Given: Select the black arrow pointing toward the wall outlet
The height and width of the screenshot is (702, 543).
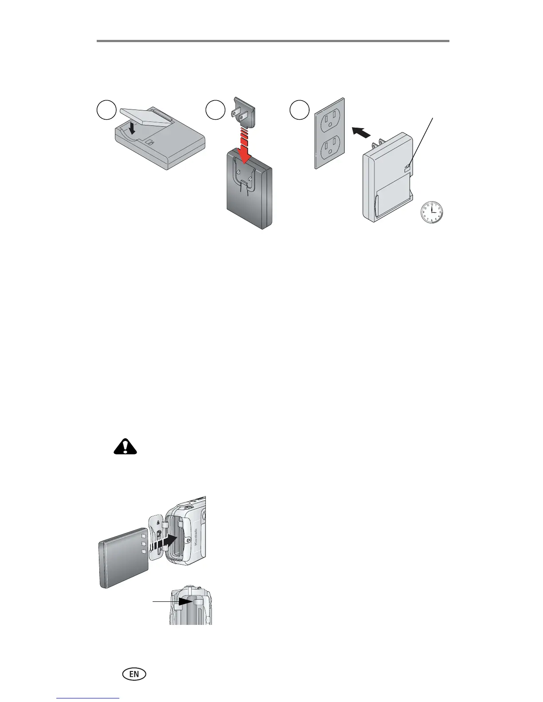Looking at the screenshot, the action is coord(361,133).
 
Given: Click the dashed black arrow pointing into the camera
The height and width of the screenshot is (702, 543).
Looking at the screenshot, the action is coord(167,540).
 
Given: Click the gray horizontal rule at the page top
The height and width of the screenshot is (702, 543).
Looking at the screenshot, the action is coord(273,41).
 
